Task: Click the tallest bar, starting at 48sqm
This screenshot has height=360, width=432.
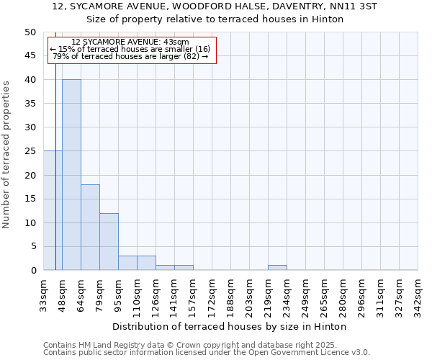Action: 71,175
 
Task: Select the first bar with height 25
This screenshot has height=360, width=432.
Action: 53,210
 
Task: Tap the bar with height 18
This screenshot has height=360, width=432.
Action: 90,228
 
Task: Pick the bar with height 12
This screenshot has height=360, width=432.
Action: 109,242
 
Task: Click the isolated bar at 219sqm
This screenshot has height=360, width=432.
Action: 277,268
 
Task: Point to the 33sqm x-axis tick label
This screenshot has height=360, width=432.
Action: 44,293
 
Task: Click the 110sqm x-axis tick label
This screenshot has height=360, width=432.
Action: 138,293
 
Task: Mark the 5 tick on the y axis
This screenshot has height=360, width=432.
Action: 33,247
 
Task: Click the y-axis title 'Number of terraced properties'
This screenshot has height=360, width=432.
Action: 6,155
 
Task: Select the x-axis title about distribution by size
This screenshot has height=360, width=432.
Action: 230,326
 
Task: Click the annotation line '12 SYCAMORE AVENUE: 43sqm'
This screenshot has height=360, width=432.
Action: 130,42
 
